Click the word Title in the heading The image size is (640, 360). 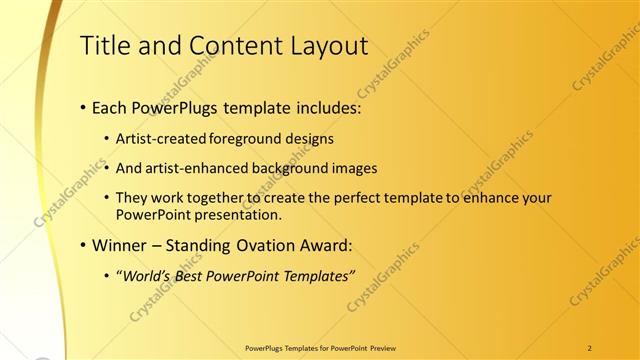(104, 45)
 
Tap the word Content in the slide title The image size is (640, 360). (220, 45)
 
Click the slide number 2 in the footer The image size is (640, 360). (591, 347)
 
